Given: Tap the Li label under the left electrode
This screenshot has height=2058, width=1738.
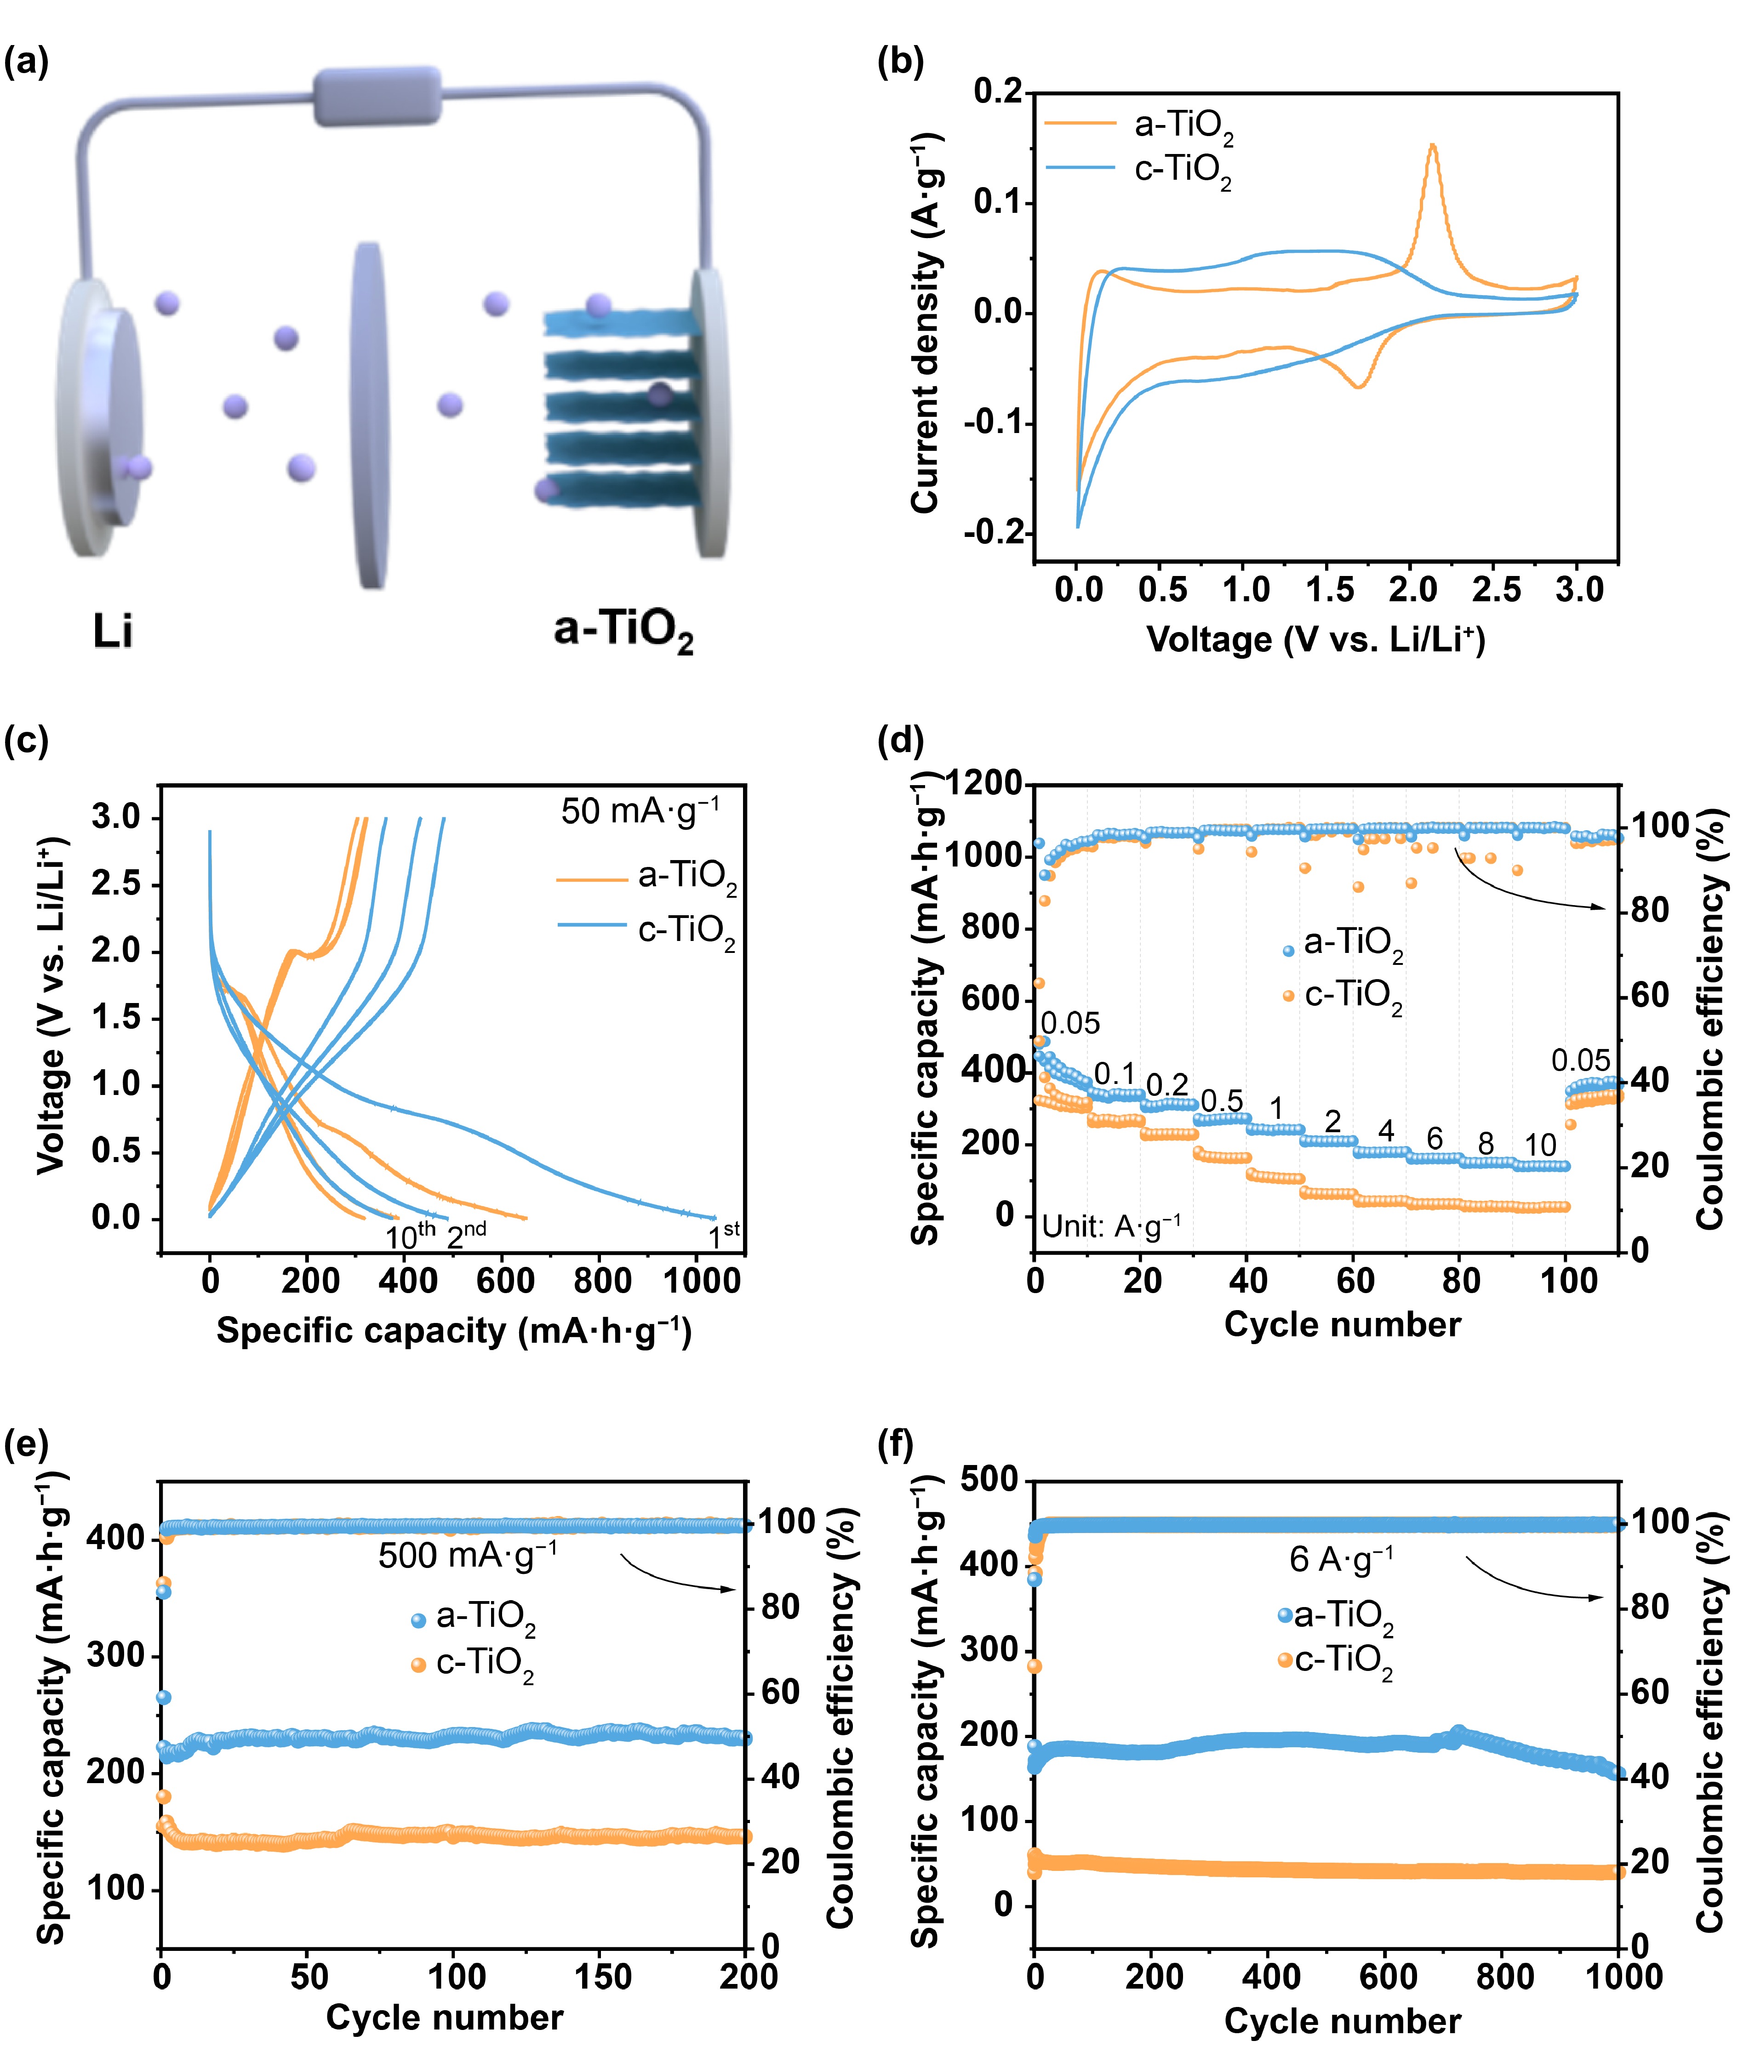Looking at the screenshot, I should coord(112,631).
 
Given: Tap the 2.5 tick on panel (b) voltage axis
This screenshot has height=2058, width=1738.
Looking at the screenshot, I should coord(1496,589).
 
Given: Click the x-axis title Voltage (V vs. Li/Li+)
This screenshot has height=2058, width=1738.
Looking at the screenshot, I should coord(1315,640).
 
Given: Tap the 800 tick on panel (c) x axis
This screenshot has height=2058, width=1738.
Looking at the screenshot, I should coord(602,1281).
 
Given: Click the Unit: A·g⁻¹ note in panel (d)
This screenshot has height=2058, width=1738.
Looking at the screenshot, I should coord(1110,1226).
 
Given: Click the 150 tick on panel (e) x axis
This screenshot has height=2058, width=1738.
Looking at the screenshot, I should coord(602,1976).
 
